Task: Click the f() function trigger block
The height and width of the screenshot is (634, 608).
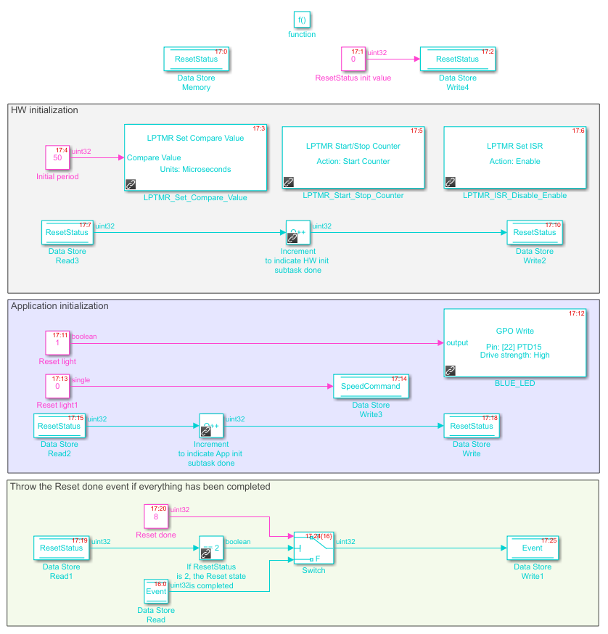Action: tap(302, 20)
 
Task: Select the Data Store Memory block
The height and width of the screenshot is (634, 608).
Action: tap(196, 59)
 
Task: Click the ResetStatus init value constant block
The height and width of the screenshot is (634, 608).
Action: tap(353, 59)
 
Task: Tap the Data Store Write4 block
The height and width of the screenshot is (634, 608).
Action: tap(458, 59)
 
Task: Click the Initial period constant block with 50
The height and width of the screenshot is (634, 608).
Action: tap(57, 157)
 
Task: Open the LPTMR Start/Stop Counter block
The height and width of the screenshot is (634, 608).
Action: tap(353, 157)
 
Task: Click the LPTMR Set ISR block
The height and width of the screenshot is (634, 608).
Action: tap(514, 157)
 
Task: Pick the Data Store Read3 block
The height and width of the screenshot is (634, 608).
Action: tap(67, 233)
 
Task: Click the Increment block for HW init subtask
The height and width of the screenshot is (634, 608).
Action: tap(298, 233)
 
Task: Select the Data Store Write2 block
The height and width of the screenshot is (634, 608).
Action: tap(535, 233)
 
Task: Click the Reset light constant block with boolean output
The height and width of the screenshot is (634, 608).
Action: tap(57, 343)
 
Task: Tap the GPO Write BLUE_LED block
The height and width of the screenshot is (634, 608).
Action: tap(514, 343)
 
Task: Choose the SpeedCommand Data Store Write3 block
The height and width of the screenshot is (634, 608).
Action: tap(371, 387)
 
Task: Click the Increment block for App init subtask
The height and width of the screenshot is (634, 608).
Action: tap(211, 426)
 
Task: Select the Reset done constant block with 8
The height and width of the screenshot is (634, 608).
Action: tap(156, 516)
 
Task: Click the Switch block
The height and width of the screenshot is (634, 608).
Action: tap(313, 548)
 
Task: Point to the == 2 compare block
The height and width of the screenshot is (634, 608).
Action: tap(211, 548)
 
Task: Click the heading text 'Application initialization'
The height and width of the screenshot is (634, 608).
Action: tap(59, 306)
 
